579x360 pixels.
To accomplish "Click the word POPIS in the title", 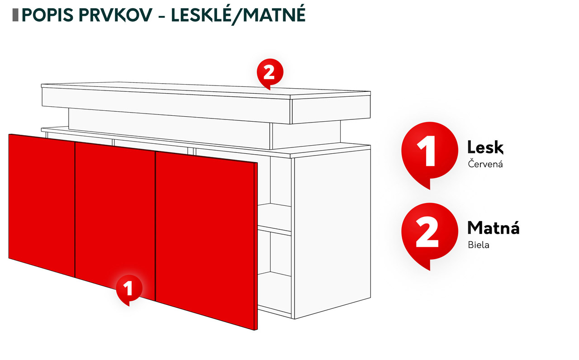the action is pos(47,15).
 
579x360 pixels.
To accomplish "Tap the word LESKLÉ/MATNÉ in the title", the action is pos(238,15).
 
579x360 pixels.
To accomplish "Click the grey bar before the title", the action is pos(15,15).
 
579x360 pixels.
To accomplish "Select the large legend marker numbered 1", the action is pos(429,155).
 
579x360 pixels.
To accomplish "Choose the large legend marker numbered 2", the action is pos(429,236).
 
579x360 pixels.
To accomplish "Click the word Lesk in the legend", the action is pos(485,147).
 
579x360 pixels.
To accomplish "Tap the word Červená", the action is pos(485,164).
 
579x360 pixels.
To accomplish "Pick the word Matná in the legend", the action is pos(494,227).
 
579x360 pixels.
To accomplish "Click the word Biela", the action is pos(479,245).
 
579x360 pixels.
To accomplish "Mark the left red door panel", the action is pos(42,205).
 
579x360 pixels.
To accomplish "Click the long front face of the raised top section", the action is pos(166,106).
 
